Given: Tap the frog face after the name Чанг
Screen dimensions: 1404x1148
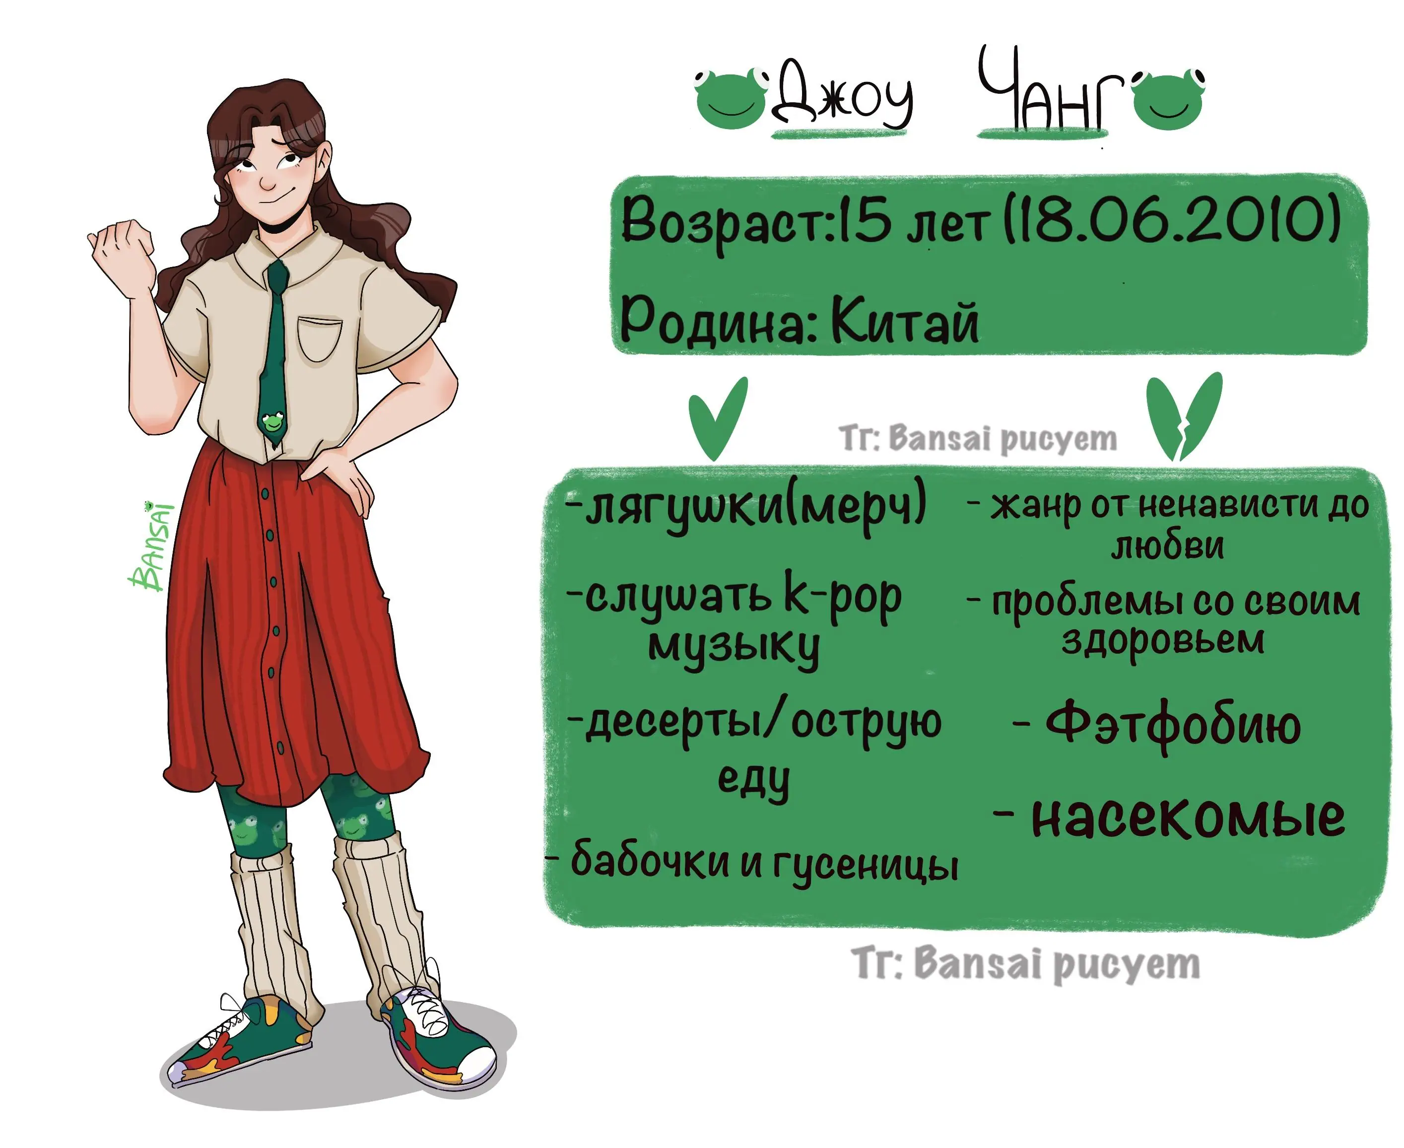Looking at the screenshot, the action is (x=1169, y=99).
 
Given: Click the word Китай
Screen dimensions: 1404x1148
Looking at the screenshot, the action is (x=905, y=321).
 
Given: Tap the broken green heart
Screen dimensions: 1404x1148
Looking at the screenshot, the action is (x=1184, y=415).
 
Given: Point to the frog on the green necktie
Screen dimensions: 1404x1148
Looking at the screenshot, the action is (x=272, y=420).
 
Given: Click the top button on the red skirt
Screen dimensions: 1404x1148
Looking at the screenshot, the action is (x=265, y=494).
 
